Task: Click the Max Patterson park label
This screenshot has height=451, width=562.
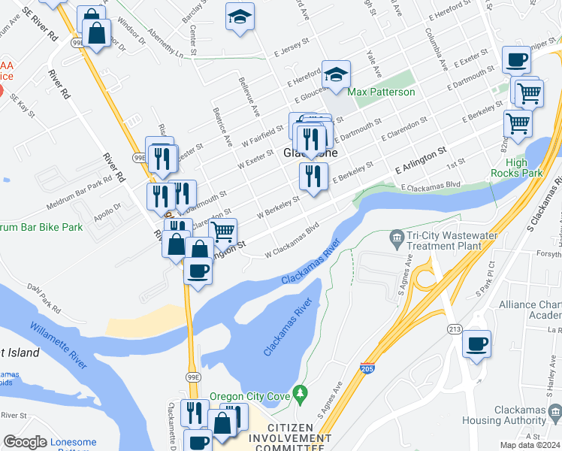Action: tap(381, 92)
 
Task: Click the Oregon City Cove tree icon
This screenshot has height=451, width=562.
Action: tap(301, 392)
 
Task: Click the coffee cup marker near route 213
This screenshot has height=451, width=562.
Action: tap(476, 345)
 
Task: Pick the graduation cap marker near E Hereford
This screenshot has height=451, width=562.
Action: tap(336, 74)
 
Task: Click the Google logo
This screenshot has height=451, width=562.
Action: tap(25, 442)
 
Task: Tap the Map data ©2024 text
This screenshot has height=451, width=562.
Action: tap(529, 444)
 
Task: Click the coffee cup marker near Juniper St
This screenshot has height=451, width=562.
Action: tap(516, 59)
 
